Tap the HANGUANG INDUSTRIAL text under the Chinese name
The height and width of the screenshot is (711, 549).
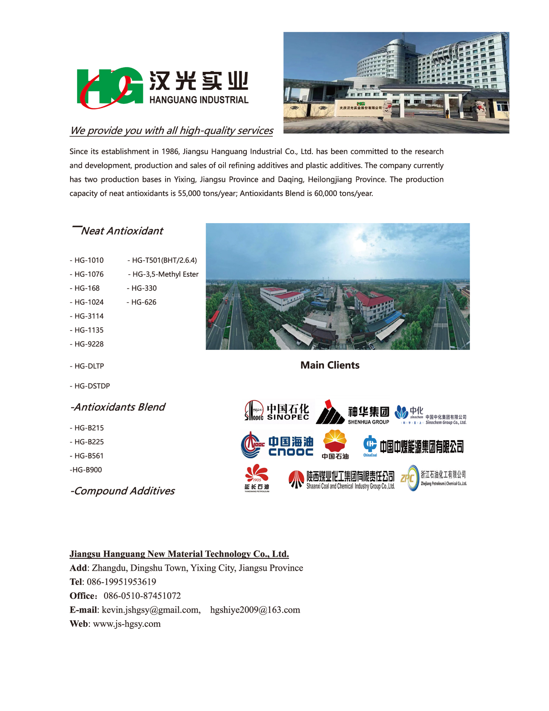click(199, 100)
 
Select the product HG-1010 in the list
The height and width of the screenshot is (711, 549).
click(87, 260)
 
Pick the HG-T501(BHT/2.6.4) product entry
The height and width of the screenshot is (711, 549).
click(162, 260)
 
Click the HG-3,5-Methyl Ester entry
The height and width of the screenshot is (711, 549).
click(163, 274)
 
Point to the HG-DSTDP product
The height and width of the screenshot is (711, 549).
click(90, 386)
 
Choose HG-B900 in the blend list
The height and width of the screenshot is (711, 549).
click(86, 470)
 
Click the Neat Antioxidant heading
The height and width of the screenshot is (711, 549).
click(121, 231)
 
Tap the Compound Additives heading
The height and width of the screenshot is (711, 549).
click(122, 491)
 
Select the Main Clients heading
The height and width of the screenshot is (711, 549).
click(330, 365)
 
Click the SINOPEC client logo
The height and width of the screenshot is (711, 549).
click(277, 411)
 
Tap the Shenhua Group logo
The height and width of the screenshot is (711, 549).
click(353, 412)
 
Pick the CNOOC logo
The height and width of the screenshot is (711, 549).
click(277, 445)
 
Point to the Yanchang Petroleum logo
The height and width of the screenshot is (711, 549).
click(257, 478)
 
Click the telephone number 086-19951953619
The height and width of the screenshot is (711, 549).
click(121, 582)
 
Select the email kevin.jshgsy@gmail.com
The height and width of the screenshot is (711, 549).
click(151, 610)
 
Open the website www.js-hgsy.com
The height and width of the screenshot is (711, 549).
click(127, 624)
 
